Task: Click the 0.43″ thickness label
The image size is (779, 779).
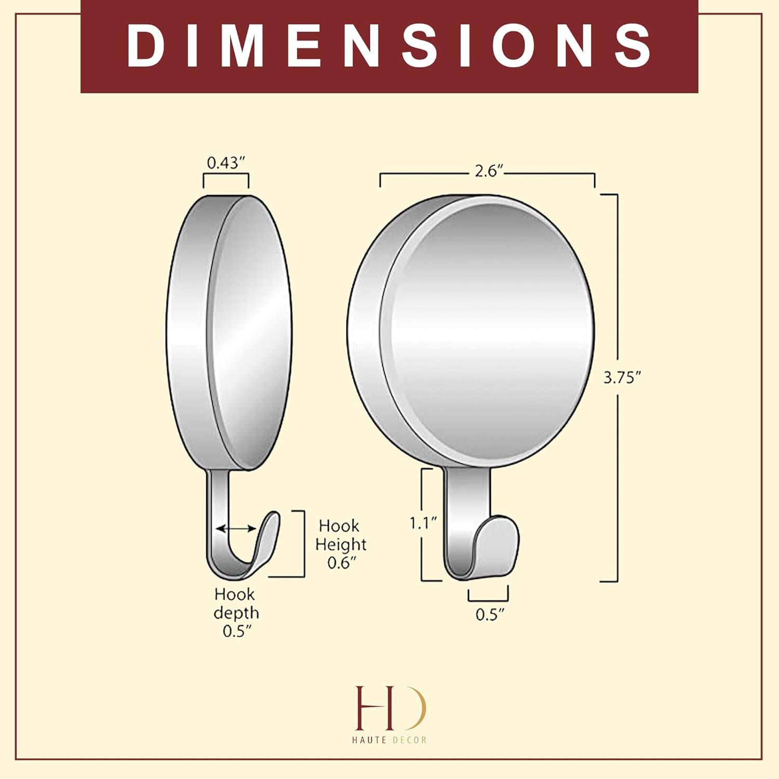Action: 225,163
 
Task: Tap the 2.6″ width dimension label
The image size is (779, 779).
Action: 489,171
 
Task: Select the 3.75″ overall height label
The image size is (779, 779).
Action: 622,378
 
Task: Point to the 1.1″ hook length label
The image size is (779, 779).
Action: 423,523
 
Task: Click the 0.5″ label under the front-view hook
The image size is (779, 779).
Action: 490,615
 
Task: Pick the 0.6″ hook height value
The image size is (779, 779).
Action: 342,563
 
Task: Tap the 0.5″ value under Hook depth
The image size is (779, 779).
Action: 237,632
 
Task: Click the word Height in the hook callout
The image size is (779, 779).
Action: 341,544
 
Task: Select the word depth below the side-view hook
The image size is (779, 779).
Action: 236,613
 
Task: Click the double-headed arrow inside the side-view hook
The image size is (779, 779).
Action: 236,529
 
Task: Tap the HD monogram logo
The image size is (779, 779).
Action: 389,707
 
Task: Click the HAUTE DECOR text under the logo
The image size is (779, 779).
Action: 389,740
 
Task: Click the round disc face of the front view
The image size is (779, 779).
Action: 488,332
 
